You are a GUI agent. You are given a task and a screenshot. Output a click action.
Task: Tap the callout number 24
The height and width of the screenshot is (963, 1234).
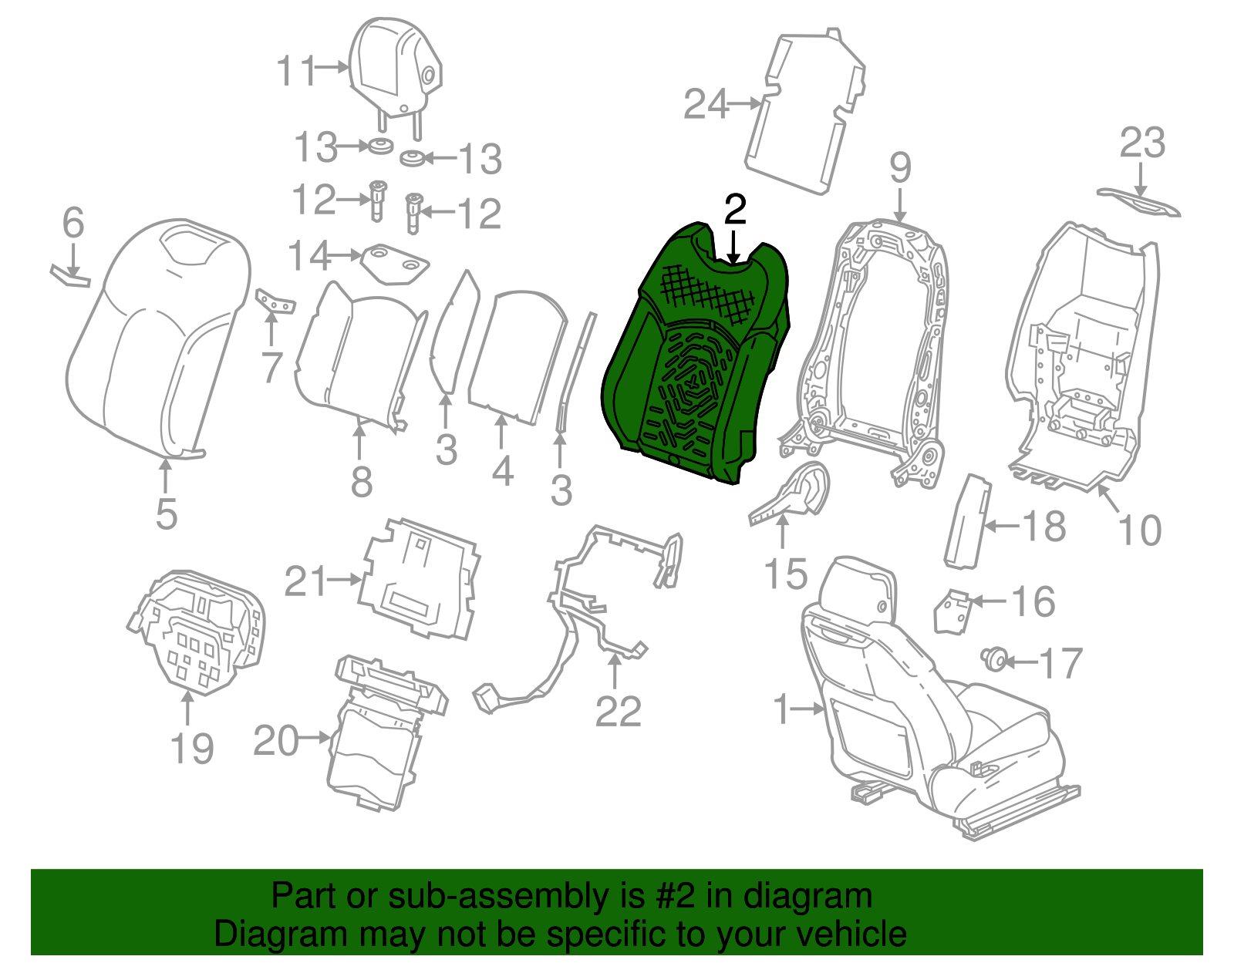706,104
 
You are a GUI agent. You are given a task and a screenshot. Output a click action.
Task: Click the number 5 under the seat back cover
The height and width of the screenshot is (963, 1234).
167,514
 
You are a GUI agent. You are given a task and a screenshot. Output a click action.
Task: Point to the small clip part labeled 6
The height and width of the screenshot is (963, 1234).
70,276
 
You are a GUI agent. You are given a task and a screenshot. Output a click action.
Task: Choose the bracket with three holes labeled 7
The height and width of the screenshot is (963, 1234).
275,301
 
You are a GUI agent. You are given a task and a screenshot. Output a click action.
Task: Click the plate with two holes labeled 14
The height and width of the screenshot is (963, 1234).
395,263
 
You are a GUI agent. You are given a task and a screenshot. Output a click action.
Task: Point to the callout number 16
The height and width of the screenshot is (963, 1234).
1033,601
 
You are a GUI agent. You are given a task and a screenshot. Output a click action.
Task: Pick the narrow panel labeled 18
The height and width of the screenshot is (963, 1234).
968,521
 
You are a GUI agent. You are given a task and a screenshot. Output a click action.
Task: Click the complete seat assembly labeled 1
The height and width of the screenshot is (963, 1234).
932,698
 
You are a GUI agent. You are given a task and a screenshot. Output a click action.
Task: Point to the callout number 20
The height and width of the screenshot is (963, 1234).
276,740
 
